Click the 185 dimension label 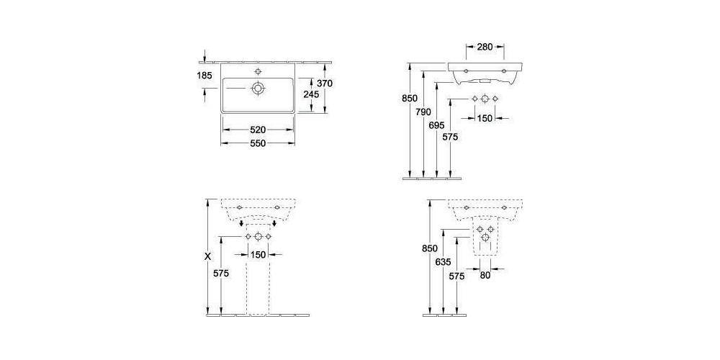point(204,76)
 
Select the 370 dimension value point(324,83)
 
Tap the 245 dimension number point(311,94)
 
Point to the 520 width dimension point(258,130)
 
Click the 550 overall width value point(258,143)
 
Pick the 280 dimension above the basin point(485,46)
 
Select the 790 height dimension point(423,112)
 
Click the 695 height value point(437,125)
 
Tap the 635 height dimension point(443,262)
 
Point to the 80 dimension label point(485,276)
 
